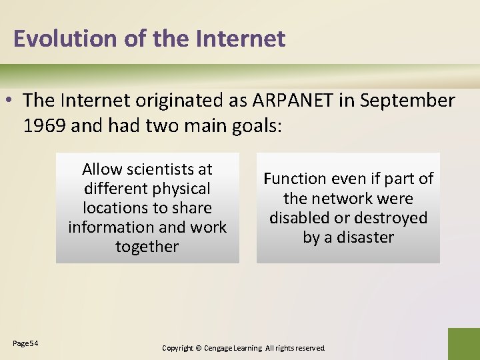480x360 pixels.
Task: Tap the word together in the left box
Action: pyautogui.click(x=147, y=247)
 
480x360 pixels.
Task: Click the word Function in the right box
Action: pyautogui.click(x=295, y=179)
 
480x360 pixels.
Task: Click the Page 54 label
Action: pyautogui.click(x=25, y=343)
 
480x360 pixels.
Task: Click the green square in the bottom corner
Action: pyautogui.click(x=463, y=344)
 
